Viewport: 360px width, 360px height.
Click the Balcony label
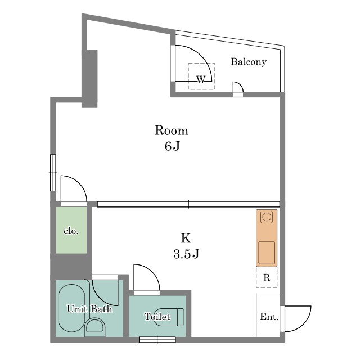(249, 61)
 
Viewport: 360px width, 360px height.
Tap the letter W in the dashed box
(201, 79)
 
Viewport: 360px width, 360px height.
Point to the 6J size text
(172, 146)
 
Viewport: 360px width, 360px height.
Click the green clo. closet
(71, 230)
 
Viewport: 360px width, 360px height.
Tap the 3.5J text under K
(186, 254)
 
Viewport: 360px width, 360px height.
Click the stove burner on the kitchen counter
(267, 217)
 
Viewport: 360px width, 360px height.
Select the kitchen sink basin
(267, 253)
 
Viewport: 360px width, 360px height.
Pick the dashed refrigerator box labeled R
(267, 277)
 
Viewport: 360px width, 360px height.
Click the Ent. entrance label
(269, 317)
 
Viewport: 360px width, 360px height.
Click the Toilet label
(157, 317)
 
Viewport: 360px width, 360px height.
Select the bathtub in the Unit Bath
(71, 308)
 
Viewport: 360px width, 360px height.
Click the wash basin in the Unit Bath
(95, 327)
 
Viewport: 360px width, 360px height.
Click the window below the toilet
(157, 340)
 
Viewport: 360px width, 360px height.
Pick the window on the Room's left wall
(53, 173)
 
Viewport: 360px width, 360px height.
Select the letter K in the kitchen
(186, 238)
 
